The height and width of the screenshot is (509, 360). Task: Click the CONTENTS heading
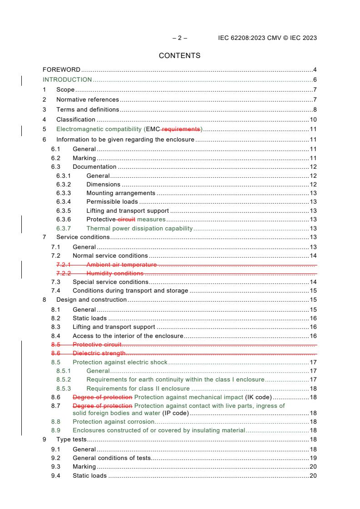(x=179, y=56)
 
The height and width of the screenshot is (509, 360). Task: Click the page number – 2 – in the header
(x=179, y=38)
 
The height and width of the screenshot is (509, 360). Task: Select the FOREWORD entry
(x=61, y=70)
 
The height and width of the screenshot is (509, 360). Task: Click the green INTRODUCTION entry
(x=67, y=80)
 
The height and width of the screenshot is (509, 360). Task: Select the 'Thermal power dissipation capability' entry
(x=139, y=228)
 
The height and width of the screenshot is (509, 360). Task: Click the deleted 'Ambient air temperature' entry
(x=121, y=264)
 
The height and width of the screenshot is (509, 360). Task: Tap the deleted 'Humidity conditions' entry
(x=115, y=273)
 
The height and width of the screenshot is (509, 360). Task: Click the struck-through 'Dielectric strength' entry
(x=99, y=353)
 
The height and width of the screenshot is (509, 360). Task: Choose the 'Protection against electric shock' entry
(x=120, y=362)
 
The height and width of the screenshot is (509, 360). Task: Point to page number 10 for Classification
(x=313, y=120)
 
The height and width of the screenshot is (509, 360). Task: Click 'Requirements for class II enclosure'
(x=138, y=388)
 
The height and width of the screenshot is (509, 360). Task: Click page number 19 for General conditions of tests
(x=313, y=458)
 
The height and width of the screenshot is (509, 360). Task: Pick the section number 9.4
(x=54, y=476)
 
